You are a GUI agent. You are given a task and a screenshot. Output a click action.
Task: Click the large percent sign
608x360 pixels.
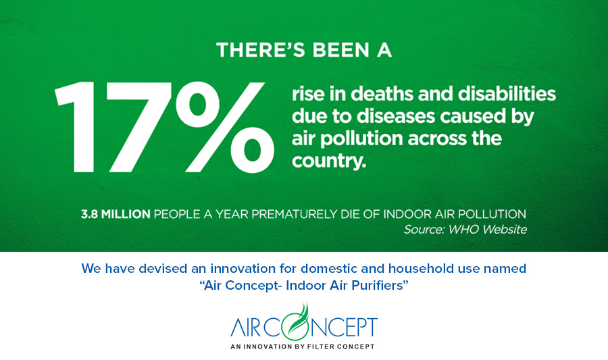click(225, 127)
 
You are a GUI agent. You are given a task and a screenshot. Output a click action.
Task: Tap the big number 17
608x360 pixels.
click(112, 127)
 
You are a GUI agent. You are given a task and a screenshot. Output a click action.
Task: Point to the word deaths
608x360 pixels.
click(382, 94)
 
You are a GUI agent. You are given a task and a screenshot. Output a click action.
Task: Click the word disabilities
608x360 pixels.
click(507, 94)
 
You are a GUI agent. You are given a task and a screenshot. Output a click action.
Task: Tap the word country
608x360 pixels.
click(329, 161)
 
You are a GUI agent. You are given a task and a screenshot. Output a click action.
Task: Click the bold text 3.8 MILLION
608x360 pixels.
click(116, 214)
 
